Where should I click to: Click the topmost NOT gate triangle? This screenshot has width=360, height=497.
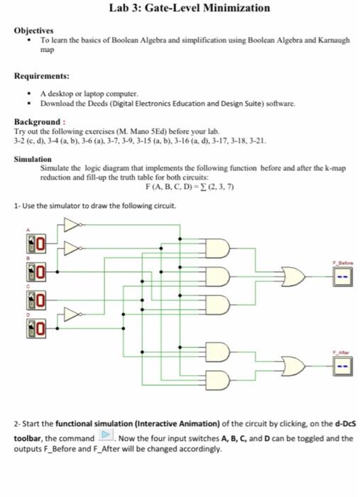71,226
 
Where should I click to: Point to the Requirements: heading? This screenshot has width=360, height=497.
42,74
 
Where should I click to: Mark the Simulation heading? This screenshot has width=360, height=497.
33,160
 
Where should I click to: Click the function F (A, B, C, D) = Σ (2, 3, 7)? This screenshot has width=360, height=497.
189,186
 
